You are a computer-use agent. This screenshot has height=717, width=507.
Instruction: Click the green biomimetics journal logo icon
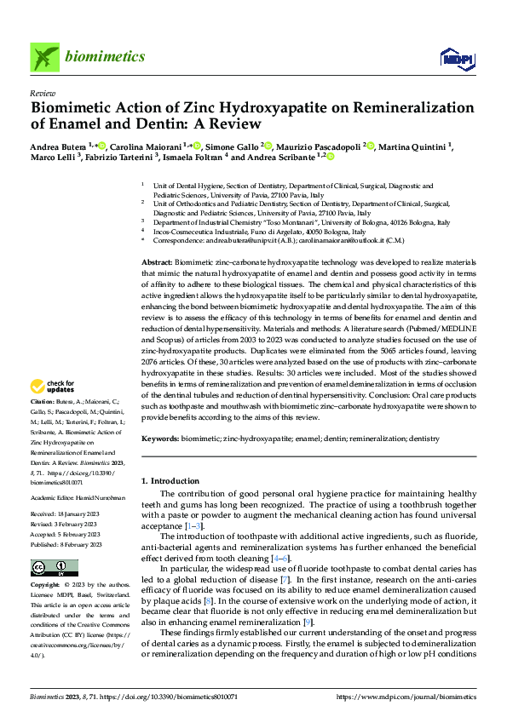click(x=44, y=58)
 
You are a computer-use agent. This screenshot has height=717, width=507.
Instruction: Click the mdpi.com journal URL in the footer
click(x=406, y=697)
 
